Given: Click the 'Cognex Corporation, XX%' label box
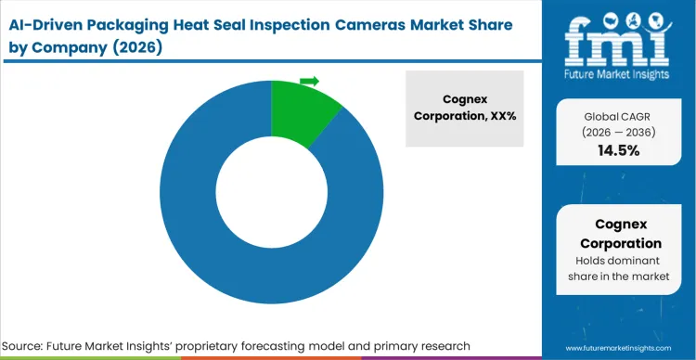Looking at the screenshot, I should [464, 109].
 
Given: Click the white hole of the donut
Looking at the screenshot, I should [270, 194].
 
